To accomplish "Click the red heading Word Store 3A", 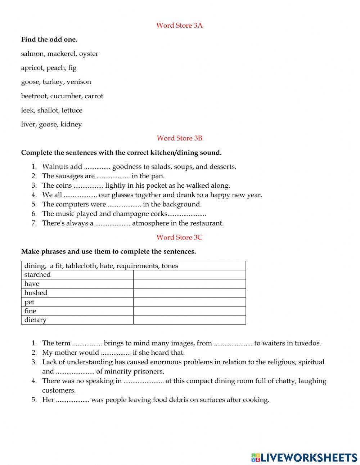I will (179, 25).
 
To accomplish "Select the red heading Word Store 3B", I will (179, 138).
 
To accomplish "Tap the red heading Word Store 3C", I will (179, 237).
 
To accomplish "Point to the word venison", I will (79, 82).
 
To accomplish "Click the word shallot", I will (48, 110).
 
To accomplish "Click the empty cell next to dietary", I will (189, 320).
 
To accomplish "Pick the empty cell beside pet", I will (189, 302).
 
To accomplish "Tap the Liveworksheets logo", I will (304, 457).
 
